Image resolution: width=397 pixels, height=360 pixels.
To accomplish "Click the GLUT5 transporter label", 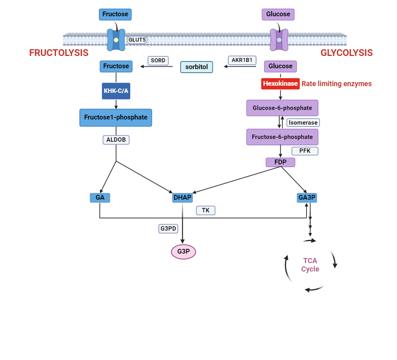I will point(137,40).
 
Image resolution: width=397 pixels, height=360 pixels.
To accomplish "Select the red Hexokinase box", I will point(280,84).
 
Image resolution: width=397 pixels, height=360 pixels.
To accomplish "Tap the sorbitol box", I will point(197,67).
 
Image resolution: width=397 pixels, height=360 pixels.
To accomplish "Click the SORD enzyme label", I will point(158,61).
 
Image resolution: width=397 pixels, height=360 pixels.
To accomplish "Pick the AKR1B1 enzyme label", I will point(242,60).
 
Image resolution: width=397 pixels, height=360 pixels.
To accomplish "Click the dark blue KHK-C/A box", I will point(116,91).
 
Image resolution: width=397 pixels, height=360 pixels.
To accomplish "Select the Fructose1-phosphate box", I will point(116,117).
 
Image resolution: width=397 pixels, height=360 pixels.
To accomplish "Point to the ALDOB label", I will point(116,140).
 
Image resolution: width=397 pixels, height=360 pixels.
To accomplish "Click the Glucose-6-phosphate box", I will point(282,108).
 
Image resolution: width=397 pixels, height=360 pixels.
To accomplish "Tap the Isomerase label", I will point(303,123).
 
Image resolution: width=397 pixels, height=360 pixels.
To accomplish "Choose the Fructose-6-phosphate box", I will point(282,137).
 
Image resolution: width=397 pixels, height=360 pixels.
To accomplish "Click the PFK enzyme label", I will point(304,151).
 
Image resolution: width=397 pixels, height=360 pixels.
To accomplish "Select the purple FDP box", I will point(280,162).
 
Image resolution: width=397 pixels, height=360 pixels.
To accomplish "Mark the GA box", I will point(100,197).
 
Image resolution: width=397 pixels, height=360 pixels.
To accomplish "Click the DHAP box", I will point(183,197).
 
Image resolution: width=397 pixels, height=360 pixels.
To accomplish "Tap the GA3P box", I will point(307,197).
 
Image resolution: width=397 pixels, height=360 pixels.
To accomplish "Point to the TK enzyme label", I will point(206,210).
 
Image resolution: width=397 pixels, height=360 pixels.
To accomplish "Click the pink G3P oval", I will point(183,251).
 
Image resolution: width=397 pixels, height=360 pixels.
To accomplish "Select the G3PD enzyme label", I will point(168,229).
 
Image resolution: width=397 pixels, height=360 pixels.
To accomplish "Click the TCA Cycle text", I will point(310,265).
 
